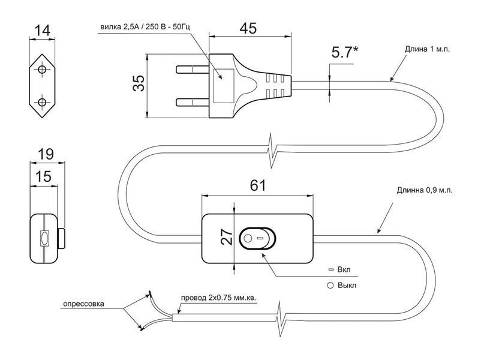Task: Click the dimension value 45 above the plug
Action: click(x=248, y=29)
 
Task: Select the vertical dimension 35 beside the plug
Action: click(x=139, y=83)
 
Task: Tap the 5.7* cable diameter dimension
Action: click(x=344, y=52)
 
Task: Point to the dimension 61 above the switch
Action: click(x=258, y=185)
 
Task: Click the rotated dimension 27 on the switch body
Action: click(x=227, y=236)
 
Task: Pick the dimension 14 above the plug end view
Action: click(x=42, y=31)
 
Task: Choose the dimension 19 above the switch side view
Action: click(x=46, y=154)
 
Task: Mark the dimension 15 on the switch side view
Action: click(x=43, y=177)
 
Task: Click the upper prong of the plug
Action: click(x=193, y=70)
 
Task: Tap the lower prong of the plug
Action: click(x=193, y=102)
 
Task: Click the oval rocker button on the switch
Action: click(x=258, y=238)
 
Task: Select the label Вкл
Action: click(x=344, y=270)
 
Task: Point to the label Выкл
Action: click(x=347, y=286)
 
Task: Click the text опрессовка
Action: click(x=83, y=304)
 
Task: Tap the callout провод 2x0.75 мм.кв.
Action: click(x=218, y=298)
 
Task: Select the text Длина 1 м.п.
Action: click(x=427, y=49)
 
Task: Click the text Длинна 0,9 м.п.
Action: click(x=425, y=190)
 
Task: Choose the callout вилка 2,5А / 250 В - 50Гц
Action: click(x=145, y=27)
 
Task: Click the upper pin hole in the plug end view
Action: click(x=42, y=70)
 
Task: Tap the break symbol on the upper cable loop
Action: click(x=271, y=151)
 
